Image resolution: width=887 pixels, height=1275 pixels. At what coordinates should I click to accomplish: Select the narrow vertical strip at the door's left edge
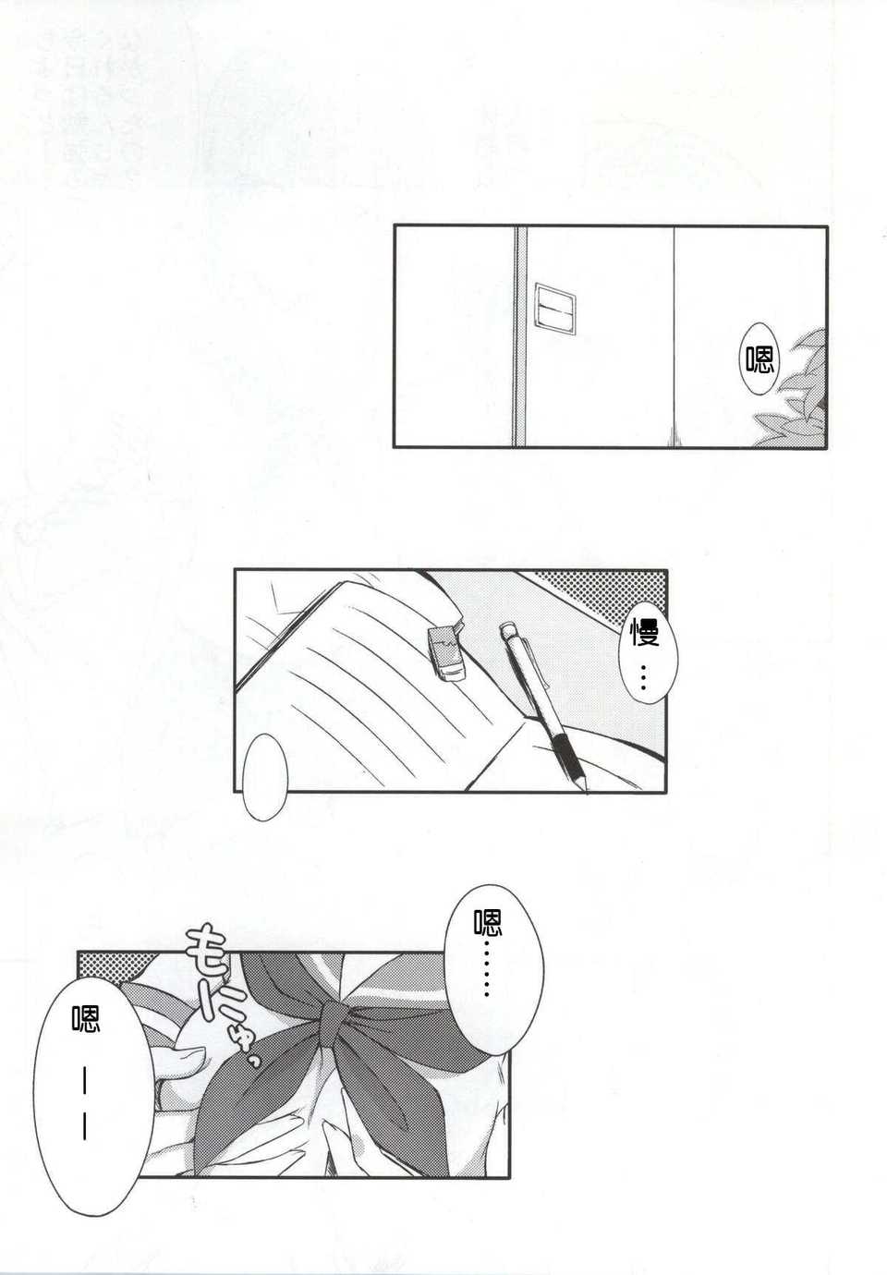520,335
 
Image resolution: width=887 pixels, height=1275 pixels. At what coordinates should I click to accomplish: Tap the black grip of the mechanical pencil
569,753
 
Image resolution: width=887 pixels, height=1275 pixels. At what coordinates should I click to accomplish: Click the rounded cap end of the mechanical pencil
506,628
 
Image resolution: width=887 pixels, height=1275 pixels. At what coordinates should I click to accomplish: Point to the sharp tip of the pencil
587,792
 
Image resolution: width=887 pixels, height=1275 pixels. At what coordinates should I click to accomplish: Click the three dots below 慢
644,677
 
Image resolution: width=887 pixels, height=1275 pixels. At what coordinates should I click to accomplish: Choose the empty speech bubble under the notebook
265,776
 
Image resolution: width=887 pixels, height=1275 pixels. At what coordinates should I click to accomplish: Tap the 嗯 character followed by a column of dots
487,922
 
